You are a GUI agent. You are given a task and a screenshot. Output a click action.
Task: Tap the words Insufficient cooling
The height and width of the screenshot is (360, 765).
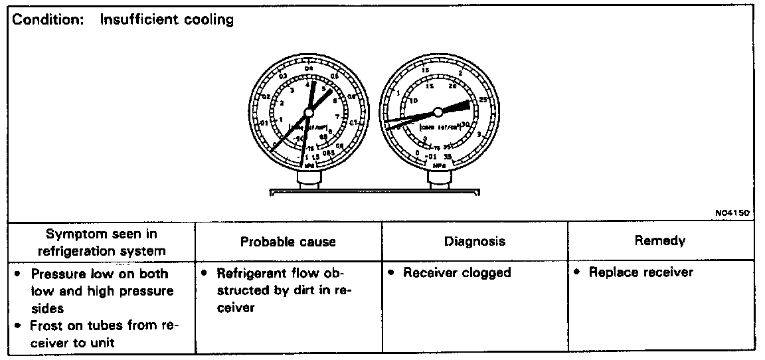click(x=167, y=20)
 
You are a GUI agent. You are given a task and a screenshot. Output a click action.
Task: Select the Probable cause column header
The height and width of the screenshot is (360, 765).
click(x=288, y=242)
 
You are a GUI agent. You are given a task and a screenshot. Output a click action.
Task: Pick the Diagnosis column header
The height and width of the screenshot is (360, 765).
click(x=474, y=241)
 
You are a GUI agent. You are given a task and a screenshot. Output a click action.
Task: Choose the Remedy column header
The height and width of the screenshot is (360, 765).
click(x=660, y=240)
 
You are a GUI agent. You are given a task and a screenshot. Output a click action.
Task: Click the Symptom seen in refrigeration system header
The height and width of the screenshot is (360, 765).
click(x=102, y=242)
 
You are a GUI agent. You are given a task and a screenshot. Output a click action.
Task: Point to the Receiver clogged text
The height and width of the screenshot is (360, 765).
click(x=457, y=273)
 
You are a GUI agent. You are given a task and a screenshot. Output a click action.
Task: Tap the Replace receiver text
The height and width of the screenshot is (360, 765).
click(x=641, y=272)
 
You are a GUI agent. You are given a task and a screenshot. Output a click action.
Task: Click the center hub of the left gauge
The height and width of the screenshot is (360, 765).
click(x=307, y=112)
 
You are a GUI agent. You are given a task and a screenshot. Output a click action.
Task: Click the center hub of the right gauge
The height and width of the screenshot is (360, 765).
click(x=438, y=112)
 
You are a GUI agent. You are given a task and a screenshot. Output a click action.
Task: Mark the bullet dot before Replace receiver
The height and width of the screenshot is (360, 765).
click(x=579, y=272)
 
